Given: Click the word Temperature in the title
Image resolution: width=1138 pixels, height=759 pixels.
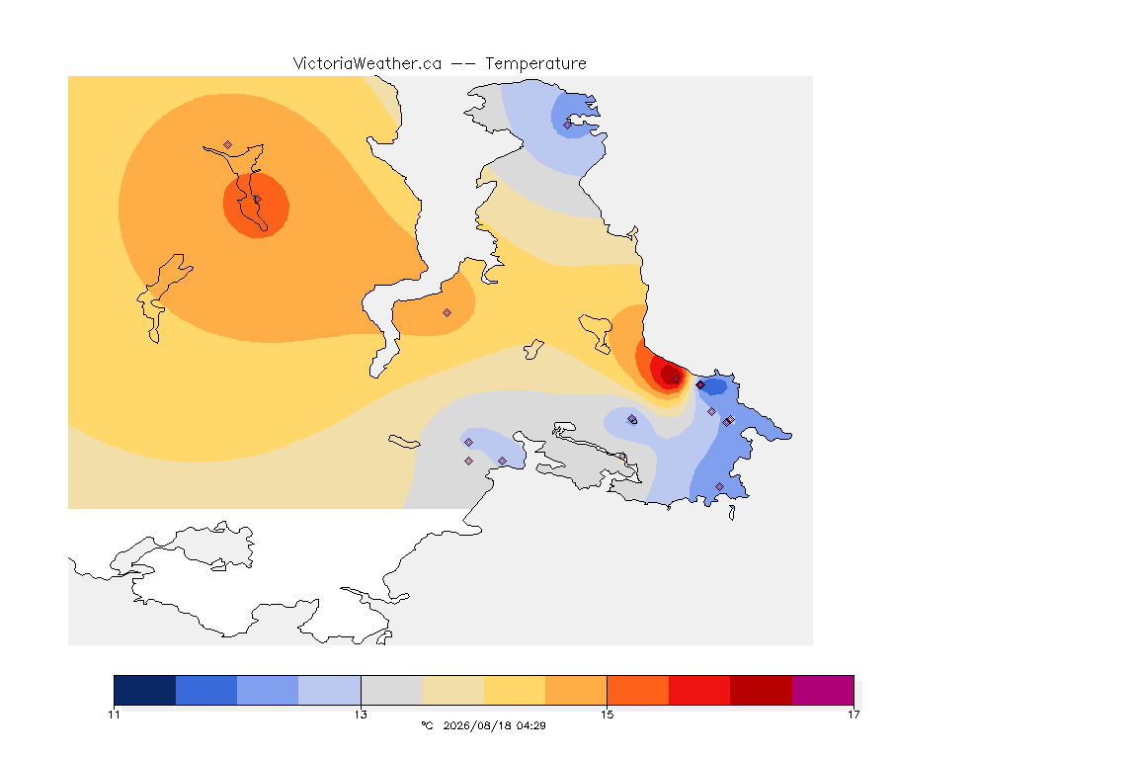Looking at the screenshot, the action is click(x=535, y=64).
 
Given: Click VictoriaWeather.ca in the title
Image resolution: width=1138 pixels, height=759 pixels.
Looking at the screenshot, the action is click(x=367, y=64).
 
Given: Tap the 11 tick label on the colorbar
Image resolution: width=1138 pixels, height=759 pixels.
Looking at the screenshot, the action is click(x=114, y=715).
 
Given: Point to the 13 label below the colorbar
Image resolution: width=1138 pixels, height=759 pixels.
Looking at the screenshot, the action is click(x=361, y=715).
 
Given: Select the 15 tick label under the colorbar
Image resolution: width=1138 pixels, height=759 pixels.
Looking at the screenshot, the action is click(x=607, y=715).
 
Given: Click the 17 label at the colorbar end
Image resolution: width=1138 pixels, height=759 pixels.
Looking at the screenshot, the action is click(x=853, y=715).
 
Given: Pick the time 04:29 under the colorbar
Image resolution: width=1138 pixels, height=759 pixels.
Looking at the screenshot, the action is click(x=531, y=725).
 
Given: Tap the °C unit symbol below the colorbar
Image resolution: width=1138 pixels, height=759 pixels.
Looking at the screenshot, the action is click(x=427, y=725).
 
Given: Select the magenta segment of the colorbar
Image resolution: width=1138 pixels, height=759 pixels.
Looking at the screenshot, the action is click(x=823, y=690).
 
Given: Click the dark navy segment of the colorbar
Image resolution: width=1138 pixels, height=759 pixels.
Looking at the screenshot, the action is click(x=145, y=690).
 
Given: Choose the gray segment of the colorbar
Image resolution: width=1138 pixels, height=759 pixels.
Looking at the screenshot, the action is click(x=391, y=690).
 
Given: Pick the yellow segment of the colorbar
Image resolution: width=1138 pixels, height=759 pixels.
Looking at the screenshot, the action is click(x=515, y=690).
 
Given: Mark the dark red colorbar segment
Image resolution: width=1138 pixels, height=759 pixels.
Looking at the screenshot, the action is click(x=762, y=690).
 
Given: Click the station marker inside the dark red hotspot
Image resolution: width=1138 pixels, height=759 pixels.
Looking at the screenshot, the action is click(x=676, y=379).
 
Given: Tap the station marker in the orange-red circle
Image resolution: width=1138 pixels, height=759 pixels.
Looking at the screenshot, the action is click(x=257, y=200).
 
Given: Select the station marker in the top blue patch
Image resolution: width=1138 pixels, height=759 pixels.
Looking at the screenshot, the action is click(x=568, y=125).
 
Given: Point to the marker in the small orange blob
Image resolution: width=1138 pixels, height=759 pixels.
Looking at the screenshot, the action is click(x=447, y=313).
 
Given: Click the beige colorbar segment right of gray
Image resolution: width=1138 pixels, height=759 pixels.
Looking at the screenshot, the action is click(x=452, y=690).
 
